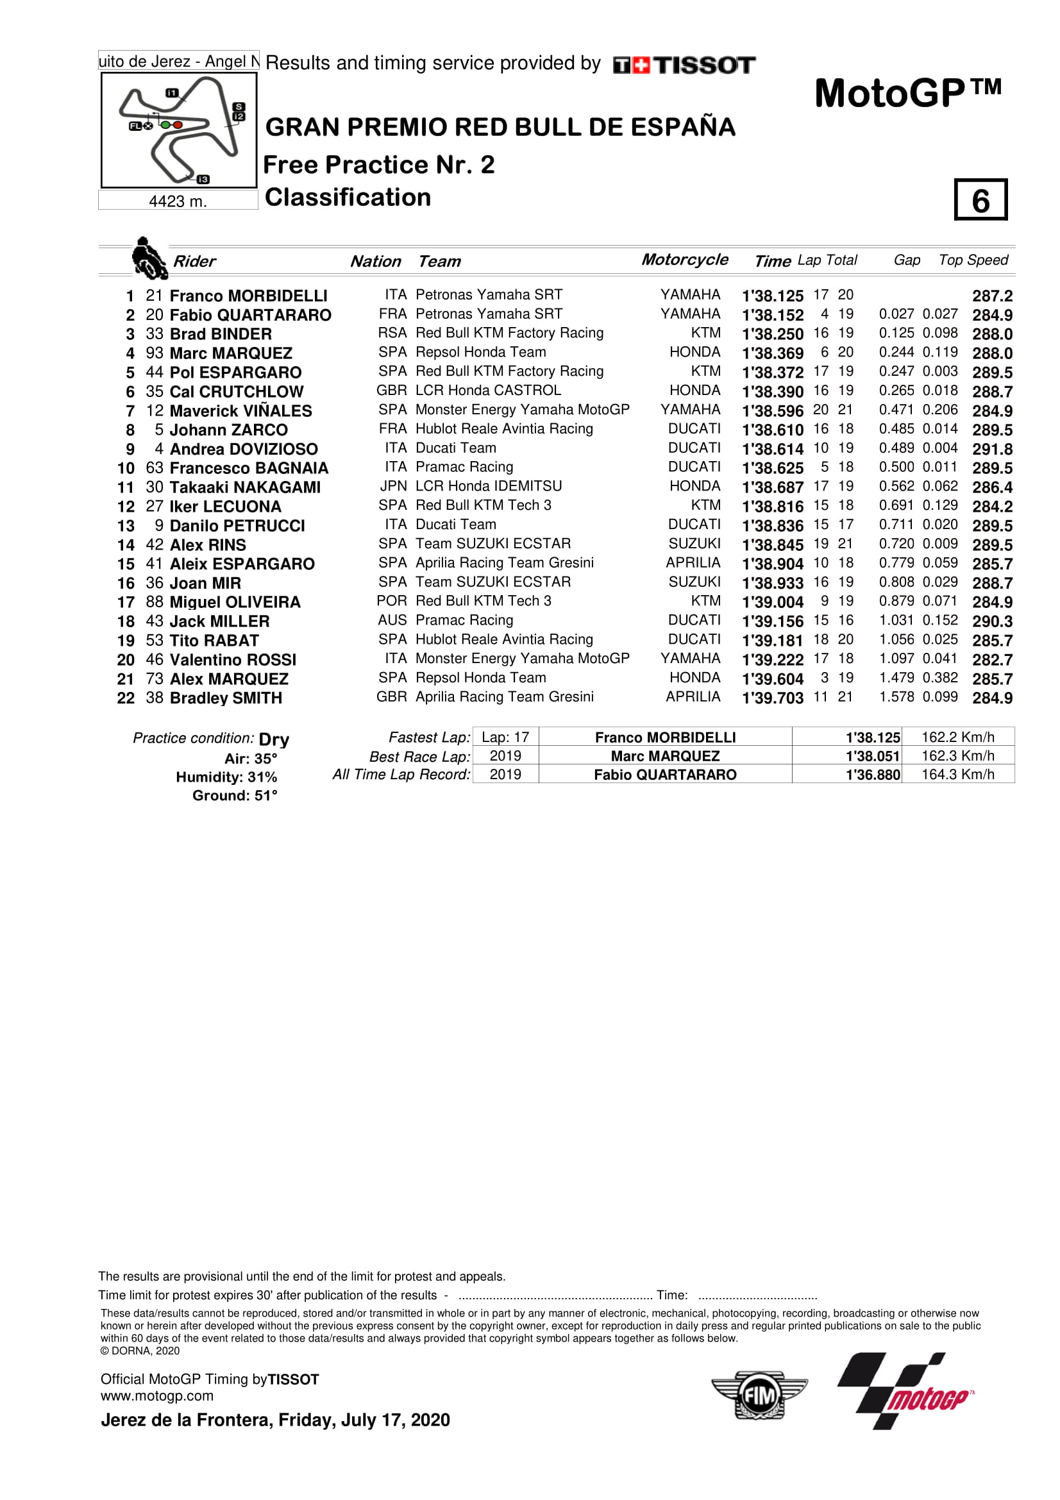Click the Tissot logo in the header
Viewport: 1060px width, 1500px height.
(x=684, y=65)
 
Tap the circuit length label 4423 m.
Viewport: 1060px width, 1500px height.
(x=178, y=201)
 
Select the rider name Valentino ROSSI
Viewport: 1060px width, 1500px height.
(x=233, y=660)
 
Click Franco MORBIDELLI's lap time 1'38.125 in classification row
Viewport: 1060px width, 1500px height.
(x=772, y=296)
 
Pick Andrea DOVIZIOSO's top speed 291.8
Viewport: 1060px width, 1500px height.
(x=992, y=450)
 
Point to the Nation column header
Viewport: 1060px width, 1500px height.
(x=376, y=261)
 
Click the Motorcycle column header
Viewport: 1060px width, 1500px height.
(x=684, y=259)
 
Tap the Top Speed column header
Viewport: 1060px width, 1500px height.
(x=973, y=260)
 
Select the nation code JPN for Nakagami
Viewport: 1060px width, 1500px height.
(x=393, y=486)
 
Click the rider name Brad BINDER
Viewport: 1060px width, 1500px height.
(x=220, y=334)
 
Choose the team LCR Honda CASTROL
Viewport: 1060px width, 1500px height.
(x=488, y=390)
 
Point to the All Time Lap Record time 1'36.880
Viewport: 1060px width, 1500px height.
(x=873, y=775)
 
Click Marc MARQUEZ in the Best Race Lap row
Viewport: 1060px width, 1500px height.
(x=665, y=756)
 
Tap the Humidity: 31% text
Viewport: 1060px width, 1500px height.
(x=226, y=777)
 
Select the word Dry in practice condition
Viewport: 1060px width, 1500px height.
(x=274, y=739)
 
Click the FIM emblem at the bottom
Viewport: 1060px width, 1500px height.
(x=759, y=1395)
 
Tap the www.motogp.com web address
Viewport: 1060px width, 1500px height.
(x=156, y=1395)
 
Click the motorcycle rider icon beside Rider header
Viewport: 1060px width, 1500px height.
(x=149, y=258)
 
